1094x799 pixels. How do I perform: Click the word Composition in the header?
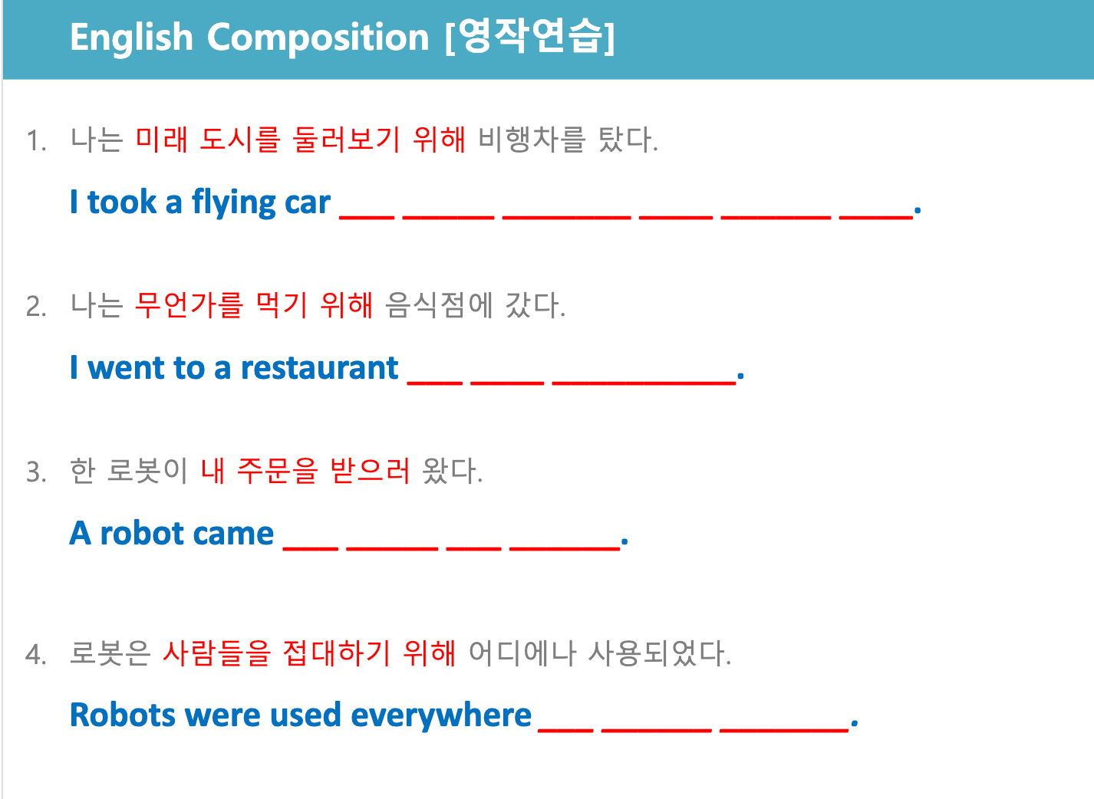318,38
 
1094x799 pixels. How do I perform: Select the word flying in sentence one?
234,202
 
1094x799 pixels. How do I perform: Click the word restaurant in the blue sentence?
320,367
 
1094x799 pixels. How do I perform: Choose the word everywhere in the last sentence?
441,715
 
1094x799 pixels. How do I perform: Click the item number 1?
36,141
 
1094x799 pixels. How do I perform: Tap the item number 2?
36,307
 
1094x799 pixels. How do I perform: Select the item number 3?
36,472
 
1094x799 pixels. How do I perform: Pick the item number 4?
36,654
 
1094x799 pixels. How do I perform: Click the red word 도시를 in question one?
240,140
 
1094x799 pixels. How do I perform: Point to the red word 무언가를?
189,305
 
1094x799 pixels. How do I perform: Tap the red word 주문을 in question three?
278,471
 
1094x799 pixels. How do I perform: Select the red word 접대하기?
337,653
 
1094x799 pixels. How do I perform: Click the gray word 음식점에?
439,305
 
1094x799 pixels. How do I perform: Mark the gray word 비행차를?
532,140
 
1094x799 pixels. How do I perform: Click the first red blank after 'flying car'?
367,217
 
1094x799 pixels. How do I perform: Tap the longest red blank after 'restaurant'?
644,383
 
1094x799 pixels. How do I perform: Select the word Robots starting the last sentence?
123,715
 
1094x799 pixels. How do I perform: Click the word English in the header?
132,38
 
